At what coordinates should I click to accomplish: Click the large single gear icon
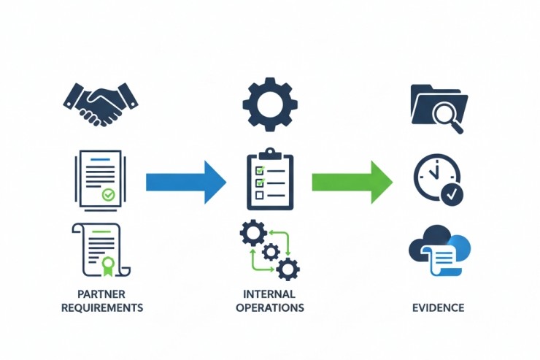pyautogui.click(x=270, y=104)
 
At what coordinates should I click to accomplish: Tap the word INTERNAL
pyautogui.click(x=270, y=294)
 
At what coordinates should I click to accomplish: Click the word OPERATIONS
pyautogui.click(x=270, y=307)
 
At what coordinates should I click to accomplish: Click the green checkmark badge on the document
pyautogui.click(x=108, y=195)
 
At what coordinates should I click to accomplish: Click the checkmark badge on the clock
pyautogui.click(x=452, y=194)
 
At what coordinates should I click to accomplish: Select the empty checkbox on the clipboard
pyautogui.click(x=258, y=196)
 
